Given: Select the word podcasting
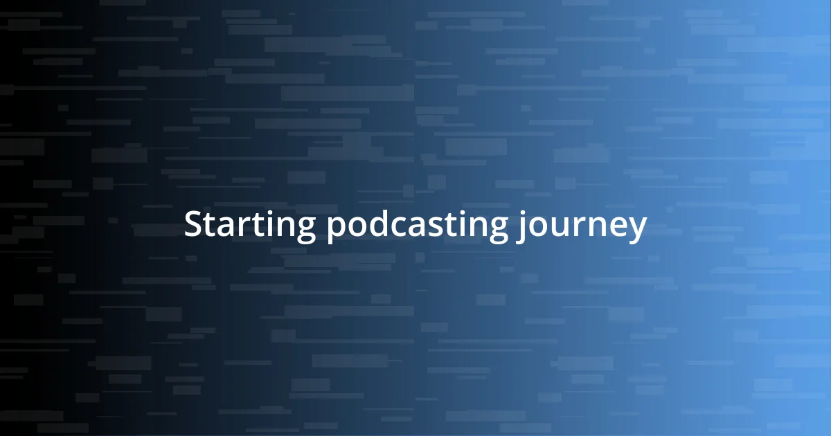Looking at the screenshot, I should pos(416,226).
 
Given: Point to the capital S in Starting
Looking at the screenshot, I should pos(193,225).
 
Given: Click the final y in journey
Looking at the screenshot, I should pos(637,230).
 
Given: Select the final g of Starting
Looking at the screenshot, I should pos(305,230).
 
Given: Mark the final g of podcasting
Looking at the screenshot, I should pos(496,230).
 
